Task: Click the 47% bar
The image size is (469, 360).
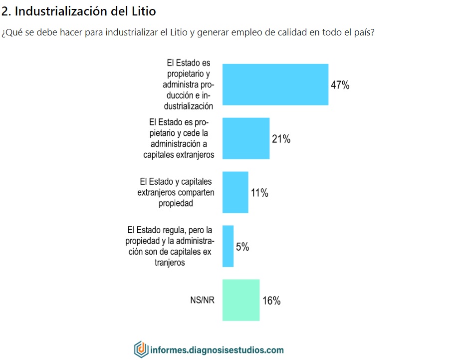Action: coord(275,84)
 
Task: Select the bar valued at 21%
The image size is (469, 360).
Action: coord(245,138)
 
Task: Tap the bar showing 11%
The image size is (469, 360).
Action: coord(235,192)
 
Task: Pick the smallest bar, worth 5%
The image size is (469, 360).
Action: coord(228,246)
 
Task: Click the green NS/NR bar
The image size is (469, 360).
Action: coord(240,300)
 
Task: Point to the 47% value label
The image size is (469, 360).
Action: coord(340,85)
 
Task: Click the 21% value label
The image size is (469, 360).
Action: coord(281,139)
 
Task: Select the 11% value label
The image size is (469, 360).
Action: coord(259,193)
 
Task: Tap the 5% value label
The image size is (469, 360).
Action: coord(242,247)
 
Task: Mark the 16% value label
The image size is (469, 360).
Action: coord(271,301)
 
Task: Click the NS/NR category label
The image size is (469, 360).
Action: coord(202,301)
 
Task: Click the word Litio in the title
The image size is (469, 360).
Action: coord(145,10)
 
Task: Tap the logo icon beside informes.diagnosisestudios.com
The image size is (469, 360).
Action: coord(141,349)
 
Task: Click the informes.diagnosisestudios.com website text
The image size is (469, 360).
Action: coord(217,350)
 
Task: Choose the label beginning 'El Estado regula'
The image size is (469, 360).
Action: coord(170,246)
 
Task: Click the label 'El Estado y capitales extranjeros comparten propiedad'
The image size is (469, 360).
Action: coord(176,192)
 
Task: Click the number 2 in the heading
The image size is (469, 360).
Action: coord(5,10)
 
